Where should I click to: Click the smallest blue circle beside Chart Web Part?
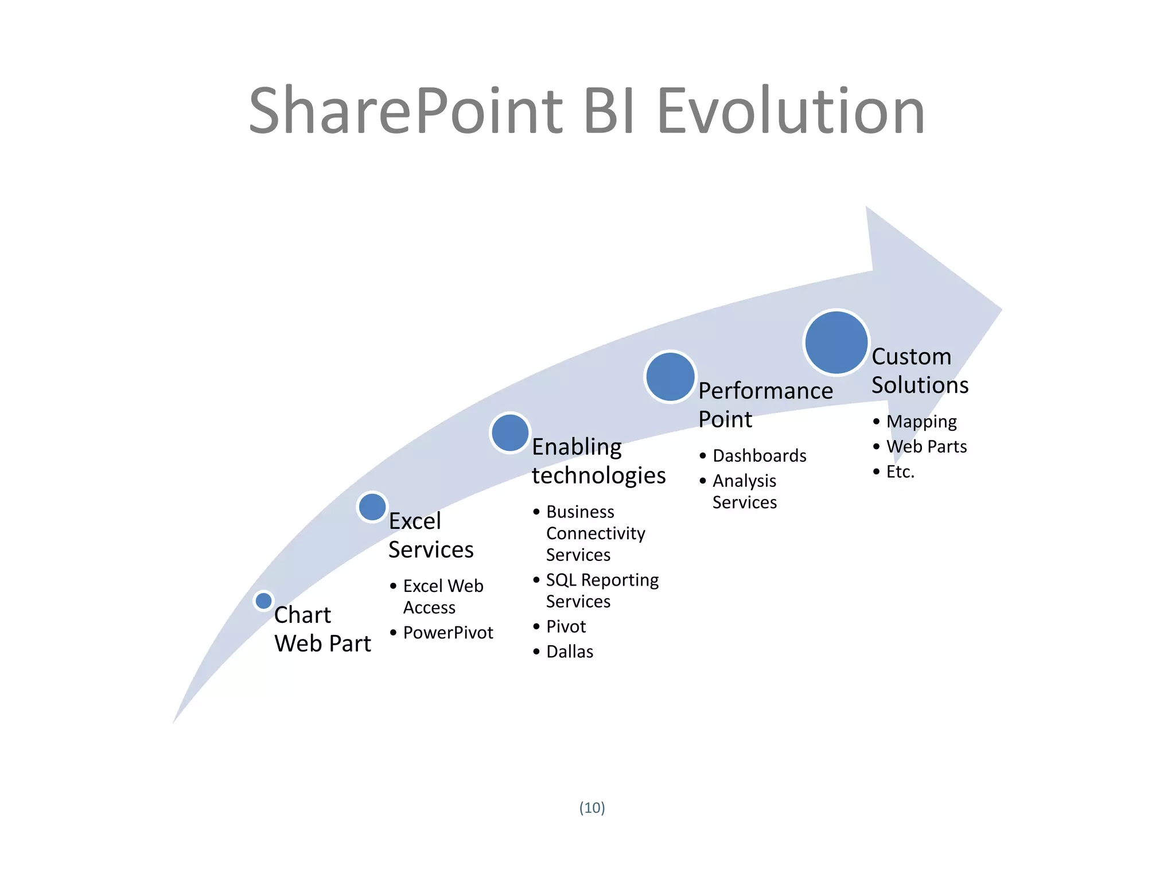coord(263,601)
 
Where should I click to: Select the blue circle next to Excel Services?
coord(372,506)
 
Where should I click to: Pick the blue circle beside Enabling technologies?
coord(510,432)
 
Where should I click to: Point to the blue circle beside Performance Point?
coord(670,377)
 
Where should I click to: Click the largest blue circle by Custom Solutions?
coord(836,342)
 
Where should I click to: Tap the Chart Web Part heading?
coord(322,629)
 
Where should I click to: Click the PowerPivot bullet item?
coord(448,633)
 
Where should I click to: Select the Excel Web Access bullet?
coord(442,597)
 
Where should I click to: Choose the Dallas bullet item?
coord(569,652)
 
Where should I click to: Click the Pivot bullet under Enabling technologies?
coord(566,626)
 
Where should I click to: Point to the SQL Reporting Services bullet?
coord(601,590)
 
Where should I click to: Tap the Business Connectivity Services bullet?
coord(595,533)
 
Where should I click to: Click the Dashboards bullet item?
coord(759,455)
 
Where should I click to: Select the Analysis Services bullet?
coord(744,491)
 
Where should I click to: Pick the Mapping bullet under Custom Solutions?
coord(921,422)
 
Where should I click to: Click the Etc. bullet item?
coord(900,471)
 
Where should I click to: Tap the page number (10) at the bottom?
coord(592,808)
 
